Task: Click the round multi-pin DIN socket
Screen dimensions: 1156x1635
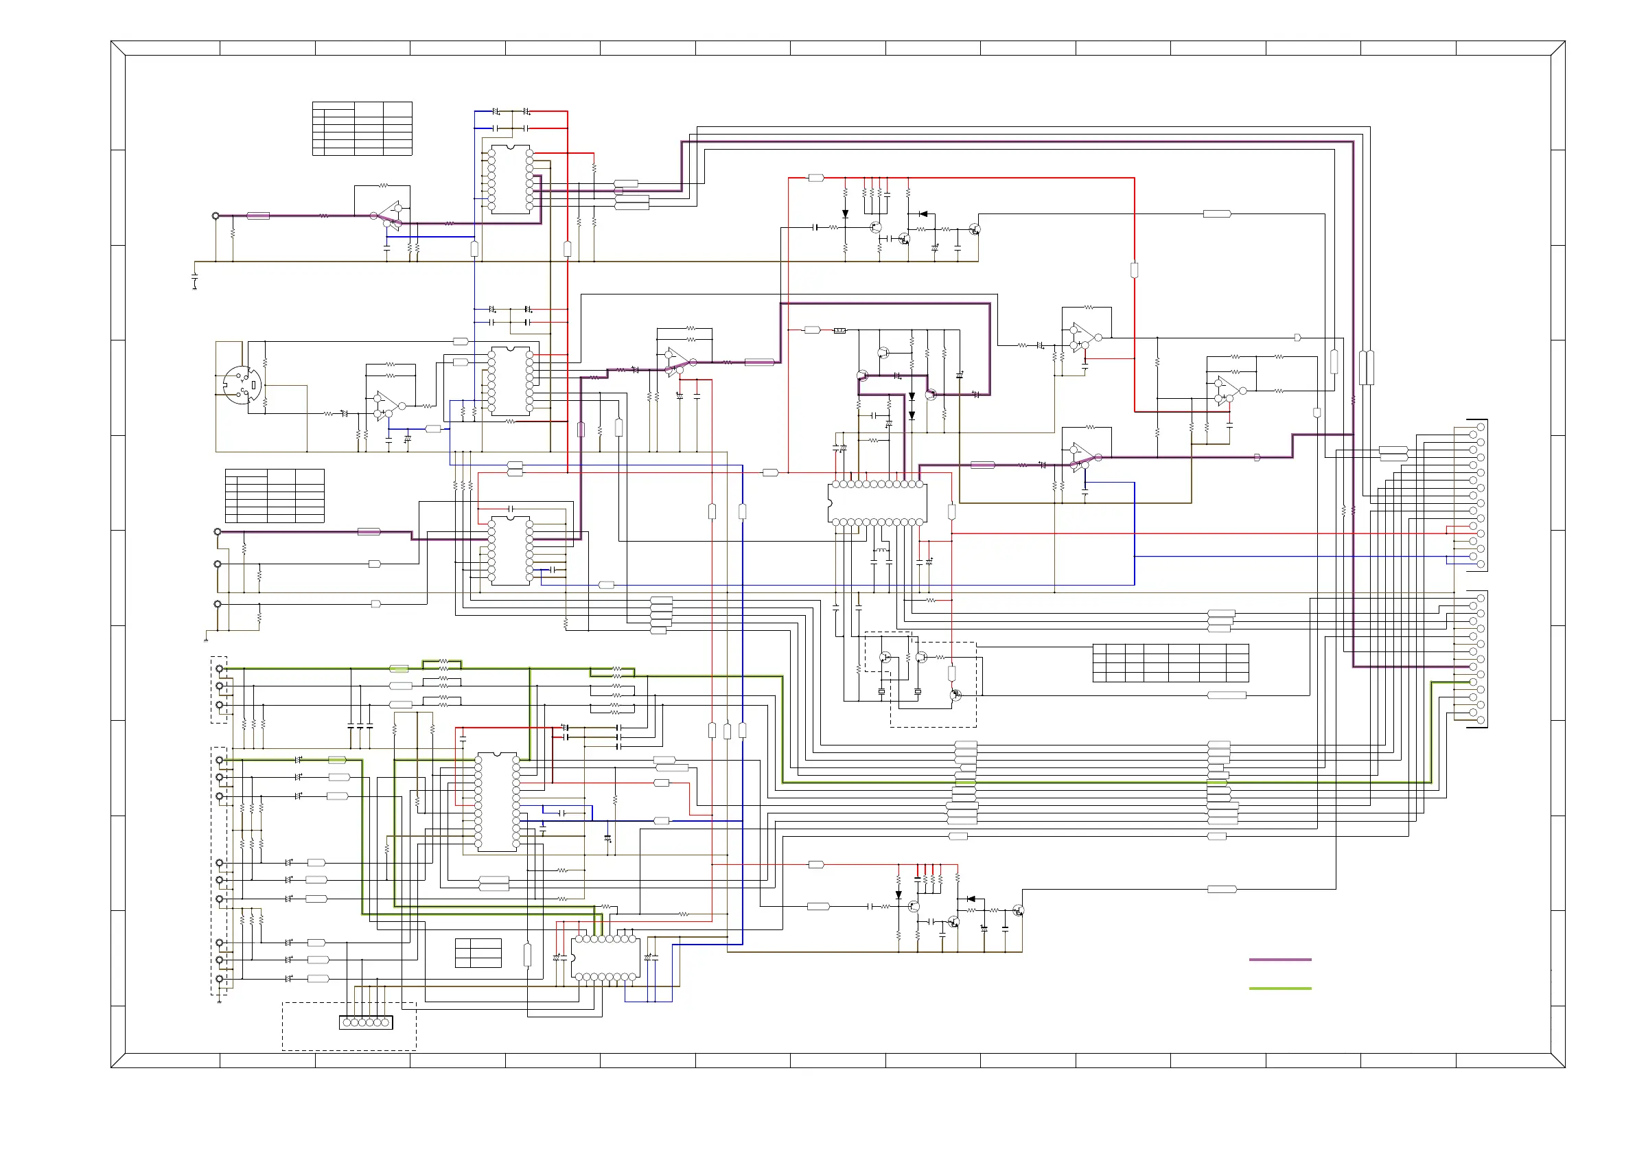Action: coord(242,385)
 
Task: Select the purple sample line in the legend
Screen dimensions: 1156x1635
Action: coord(1279,960)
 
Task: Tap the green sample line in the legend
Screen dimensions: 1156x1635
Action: coord(1279,988)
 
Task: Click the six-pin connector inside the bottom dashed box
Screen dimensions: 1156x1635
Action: coord(366,1022)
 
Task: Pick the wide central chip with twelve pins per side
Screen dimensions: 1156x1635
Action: coord(877,503)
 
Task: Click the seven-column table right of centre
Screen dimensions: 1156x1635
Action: coord(1170,662)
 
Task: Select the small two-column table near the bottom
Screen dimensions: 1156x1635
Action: coord(478,953)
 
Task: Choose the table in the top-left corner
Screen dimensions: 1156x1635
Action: coord(362,128)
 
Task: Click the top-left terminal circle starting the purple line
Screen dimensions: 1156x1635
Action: coord(216,215)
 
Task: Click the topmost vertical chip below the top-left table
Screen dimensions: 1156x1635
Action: coord(510,179)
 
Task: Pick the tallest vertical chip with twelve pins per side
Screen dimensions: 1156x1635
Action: coord(496,802)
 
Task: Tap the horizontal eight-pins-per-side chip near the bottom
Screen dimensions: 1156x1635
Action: coord(605,958)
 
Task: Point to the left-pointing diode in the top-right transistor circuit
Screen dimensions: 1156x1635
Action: coord(923,213)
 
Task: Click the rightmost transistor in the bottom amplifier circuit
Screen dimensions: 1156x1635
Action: coord(1018,910)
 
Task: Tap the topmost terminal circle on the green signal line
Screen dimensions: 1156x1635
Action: coord(220,669)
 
